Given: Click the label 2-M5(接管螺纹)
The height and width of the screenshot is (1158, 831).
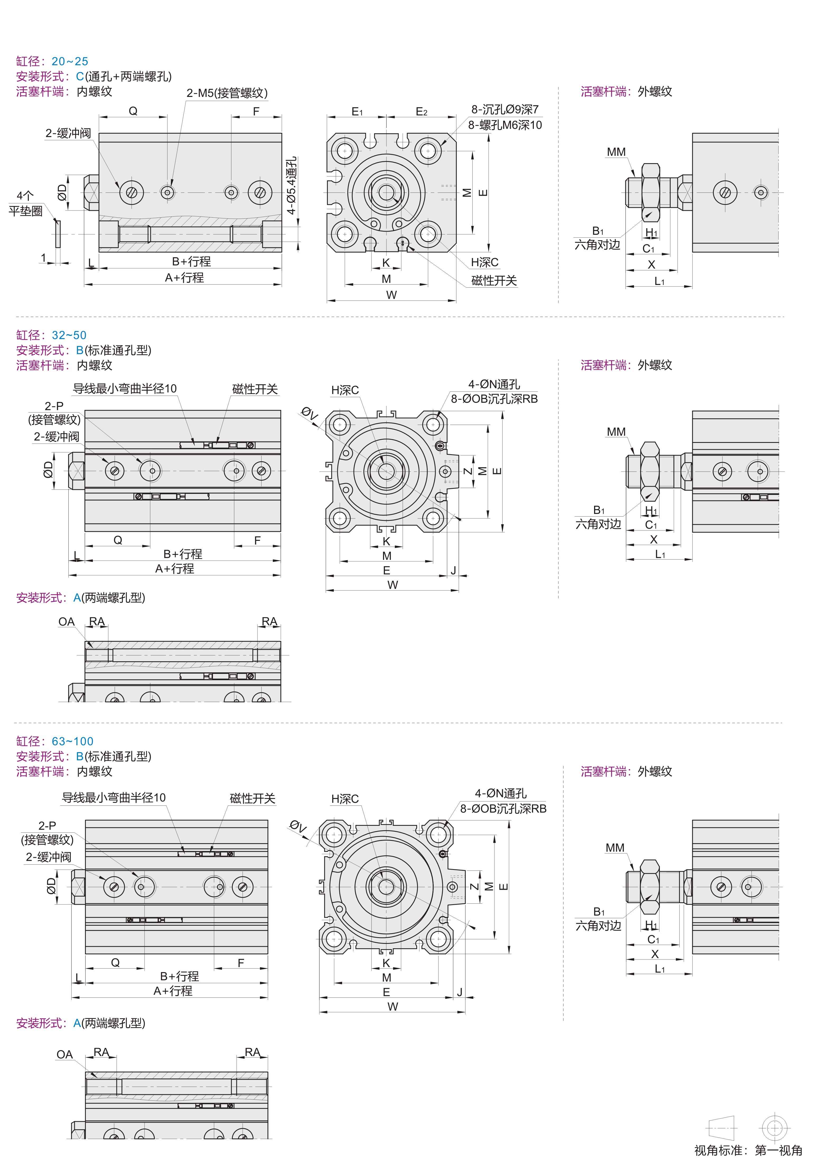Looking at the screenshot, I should pyautogui.click(x=227, y=93).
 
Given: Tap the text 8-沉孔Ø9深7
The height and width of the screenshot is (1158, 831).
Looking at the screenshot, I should pyautogui.click(x=505, y=109).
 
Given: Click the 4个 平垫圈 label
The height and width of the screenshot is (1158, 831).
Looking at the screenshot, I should pyautogui.click(x=26, y=203).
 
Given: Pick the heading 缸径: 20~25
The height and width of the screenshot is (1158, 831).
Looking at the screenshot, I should pyautogui.click(x=52, y=61).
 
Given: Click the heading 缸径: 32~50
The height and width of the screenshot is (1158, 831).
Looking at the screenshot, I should pyautogui.click(x=51, y=335).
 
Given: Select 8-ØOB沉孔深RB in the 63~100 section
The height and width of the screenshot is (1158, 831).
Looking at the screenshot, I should pyautogui.click(x=503, y=808).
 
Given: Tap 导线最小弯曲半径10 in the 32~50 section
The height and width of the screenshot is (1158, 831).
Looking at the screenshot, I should pyautogui.click(x=125, y=388).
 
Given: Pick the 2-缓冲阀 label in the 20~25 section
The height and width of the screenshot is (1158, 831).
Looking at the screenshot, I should pyautogui.click(x=68, y=133).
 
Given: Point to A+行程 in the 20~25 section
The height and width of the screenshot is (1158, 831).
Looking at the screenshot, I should pyautogui.click(x=184, y=277).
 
